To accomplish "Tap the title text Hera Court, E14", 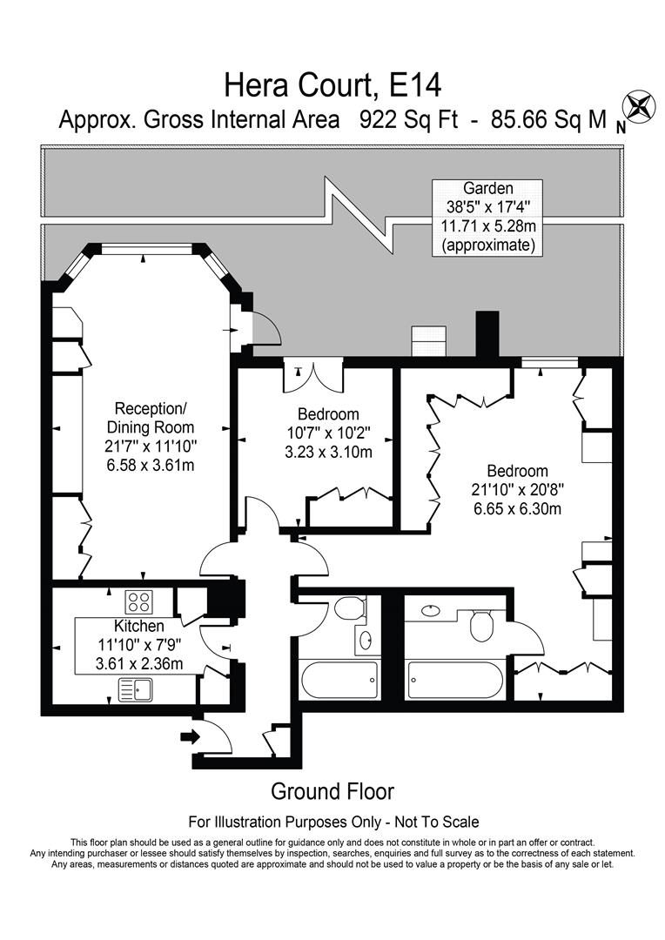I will [332, 85].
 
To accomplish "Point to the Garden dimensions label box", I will [487, 217].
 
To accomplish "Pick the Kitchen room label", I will [138, 626].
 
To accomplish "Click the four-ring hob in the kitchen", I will [139, 601].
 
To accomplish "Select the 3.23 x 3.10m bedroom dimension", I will [328, 452].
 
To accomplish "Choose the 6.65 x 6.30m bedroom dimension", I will [518, 508].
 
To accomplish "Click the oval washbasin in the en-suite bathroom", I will [430, 611].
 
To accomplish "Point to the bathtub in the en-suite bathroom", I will [454, 679].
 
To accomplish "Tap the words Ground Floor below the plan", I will [332, 791].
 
